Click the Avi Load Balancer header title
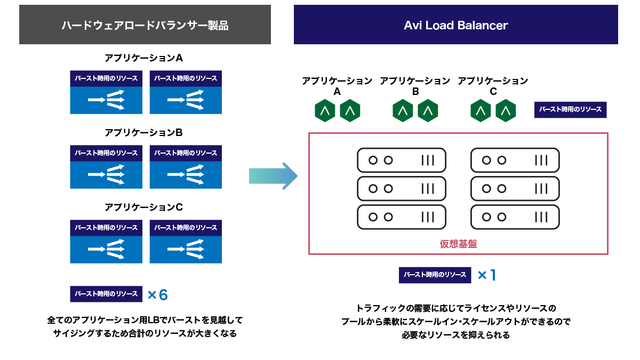pos(455,25)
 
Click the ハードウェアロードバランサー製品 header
pos(145,25)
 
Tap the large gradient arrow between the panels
pos(273,175)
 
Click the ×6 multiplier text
pos(157,294)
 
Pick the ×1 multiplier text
pos(487,275)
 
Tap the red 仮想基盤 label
pos(458,244)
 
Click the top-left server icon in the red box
pos(401,160)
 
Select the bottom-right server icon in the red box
pos(515,217)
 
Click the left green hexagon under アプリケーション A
pos(325,111)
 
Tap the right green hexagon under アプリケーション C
pos(506,111)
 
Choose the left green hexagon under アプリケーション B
pos(403,111)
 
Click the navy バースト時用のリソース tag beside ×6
pos(106,294)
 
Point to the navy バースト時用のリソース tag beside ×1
pos(435,275)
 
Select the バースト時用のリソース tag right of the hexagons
pos(570,110)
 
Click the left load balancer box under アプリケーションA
pos(106,92)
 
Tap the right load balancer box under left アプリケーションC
pos(186,242)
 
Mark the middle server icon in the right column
pos(515,188)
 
